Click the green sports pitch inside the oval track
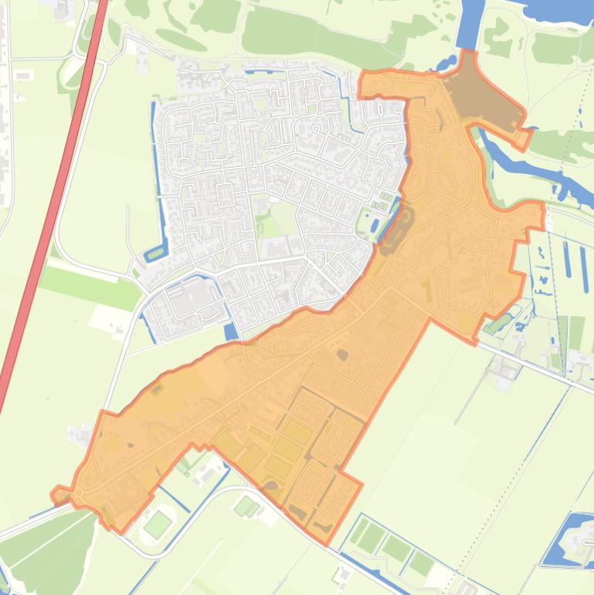pyautogui.click(x=158, y=525)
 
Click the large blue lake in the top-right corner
pyautogui.click(x=556, y=9)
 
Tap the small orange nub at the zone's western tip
pyautogui.click(x=59, y=495)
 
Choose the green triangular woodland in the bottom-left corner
pyautogui.click(x=46, y=549)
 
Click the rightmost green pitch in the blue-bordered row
pyautogui.click(x=420, y=564)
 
